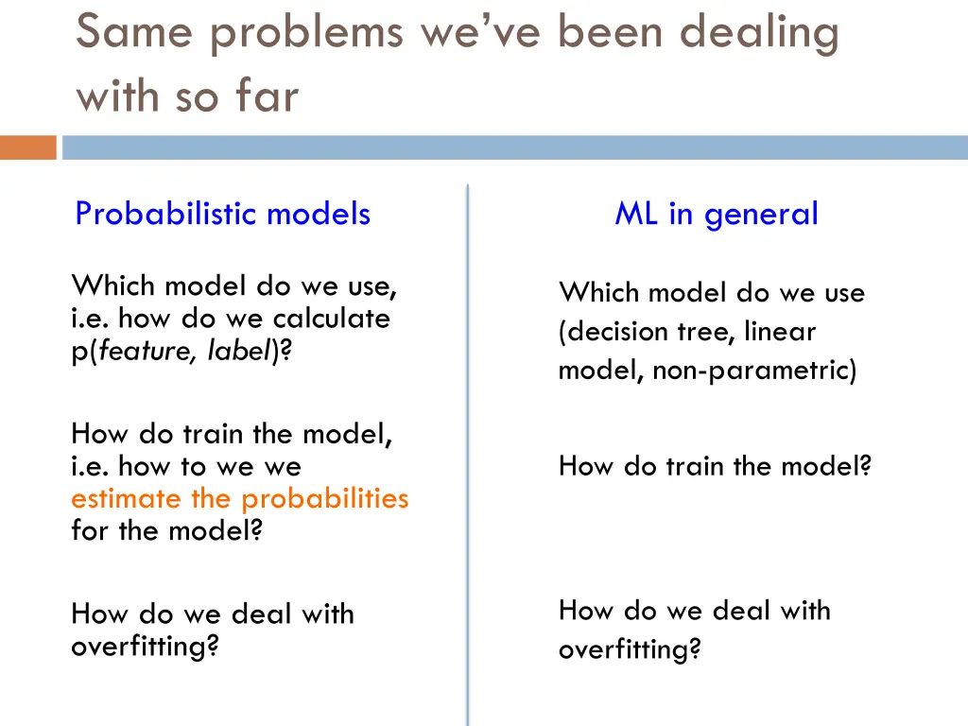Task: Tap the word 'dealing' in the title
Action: tap(760, 34)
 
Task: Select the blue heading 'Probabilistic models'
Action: tap(222, 214)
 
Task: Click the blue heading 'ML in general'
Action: tap(716, 214)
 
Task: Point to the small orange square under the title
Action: tap(27, 147)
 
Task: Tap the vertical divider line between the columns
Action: tap(467, 454)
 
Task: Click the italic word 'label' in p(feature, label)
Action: tap(240, 351)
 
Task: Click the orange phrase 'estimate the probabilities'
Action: tap(239, 498)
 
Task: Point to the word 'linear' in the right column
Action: tap(779, 332)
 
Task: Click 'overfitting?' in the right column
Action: tap(630, 649)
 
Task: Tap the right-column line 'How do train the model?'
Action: tap(714, 466)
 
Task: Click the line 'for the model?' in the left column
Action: tap(165, 530)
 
